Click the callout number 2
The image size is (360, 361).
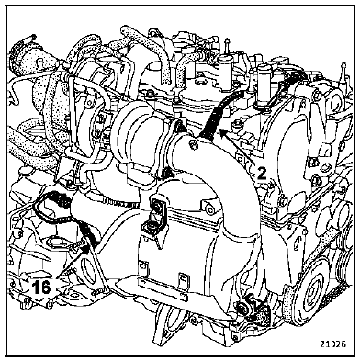tap(261, 173)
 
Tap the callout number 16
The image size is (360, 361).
tap(41, 288)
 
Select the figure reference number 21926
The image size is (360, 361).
tap(333, 344)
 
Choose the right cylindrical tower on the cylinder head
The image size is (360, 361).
tap(264, 85)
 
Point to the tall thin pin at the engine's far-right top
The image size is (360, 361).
tap(343, 73)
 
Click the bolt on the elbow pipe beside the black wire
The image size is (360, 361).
tap(193, 144)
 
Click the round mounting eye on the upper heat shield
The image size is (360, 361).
tap(209, 209)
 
